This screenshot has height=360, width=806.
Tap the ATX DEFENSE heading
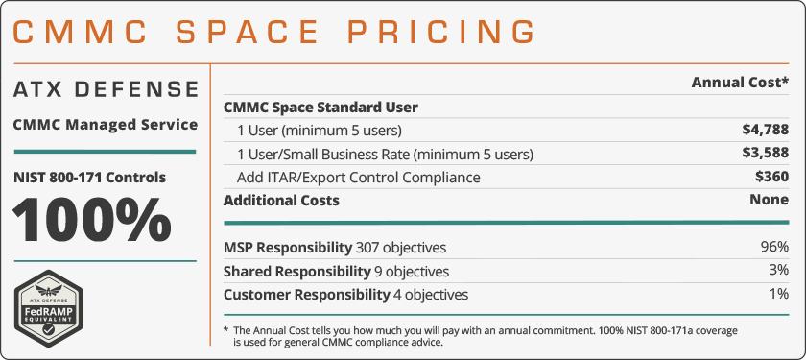[x=106, y=90]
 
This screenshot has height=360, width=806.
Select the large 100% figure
[x=93, y=221]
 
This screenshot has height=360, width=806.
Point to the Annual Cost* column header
[x=740, y=83]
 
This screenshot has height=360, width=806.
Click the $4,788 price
[x=765, y=130]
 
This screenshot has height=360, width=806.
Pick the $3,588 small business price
[x=765, y=154]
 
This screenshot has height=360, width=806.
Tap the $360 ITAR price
[x=771, y=178]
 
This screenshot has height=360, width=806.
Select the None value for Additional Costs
[x=769, y=201]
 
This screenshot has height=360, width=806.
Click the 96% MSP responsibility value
[x=774, y=247]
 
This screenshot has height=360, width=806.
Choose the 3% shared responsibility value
[x=778, y=271]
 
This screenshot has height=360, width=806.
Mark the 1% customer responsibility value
[x=778, y=294]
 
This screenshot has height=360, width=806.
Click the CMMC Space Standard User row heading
[x=320, y=108]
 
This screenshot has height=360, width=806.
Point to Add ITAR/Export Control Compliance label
[x=359, y=178]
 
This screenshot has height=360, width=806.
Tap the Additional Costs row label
[x=281, y=201]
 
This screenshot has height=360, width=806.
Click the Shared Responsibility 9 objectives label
[x=336, y=271]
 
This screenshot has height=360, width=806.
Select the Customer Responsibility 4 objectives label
[x=345, y=294]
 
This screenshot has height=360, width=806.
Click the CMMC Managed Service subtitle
[x=106, y=124]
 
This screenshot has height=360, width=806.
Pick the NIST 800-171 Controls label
[x=89, y=177]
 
